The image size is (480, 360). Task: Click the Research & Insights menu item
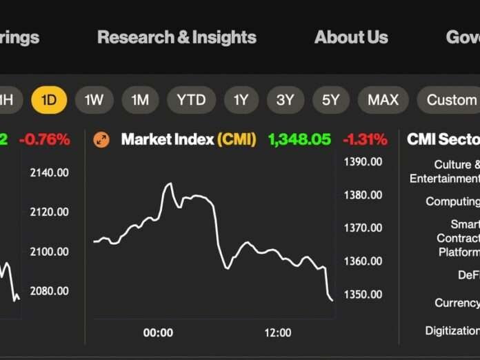coord(177,37)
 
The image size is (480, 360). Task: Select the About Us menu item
coord(351,37)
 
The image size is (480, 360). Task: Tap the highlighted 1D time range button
coord(49,100)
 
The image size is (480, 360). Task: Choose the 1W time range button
coord(94,100)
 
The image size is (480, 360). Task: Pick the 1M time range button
coord(140,100)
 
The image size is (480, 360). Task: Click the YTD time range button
coord(191,100)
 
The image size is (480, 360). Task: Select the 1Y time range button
coord(241,100)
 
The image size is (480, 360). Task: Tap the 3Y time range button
coord(285,100)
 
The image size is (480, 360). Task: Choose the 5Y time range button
coord(330,100)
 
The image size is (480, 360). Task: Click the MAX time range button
coord(383,100)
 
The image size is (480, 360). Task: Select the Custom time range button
coord(452,100)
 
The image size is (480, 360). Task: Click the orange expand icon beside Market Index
coord(101,140)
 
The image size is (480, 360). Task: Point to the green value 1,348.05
coord(299,139)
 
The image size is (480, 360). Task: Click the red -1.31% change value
coord(365,139)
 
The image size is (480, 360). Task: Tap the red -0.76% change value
coord(45,139)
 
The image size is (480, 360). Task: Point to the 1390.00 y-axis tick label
coord(363,161)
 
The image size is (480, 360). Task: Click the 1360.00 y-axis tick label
coord(363,261)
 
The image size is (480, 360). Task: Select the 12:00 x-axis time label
coord(277,332)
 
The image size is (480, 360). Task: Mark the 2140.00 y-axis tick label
coord(49,172)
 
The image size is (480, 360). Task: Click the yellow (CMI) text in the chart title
coord(237,139)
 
